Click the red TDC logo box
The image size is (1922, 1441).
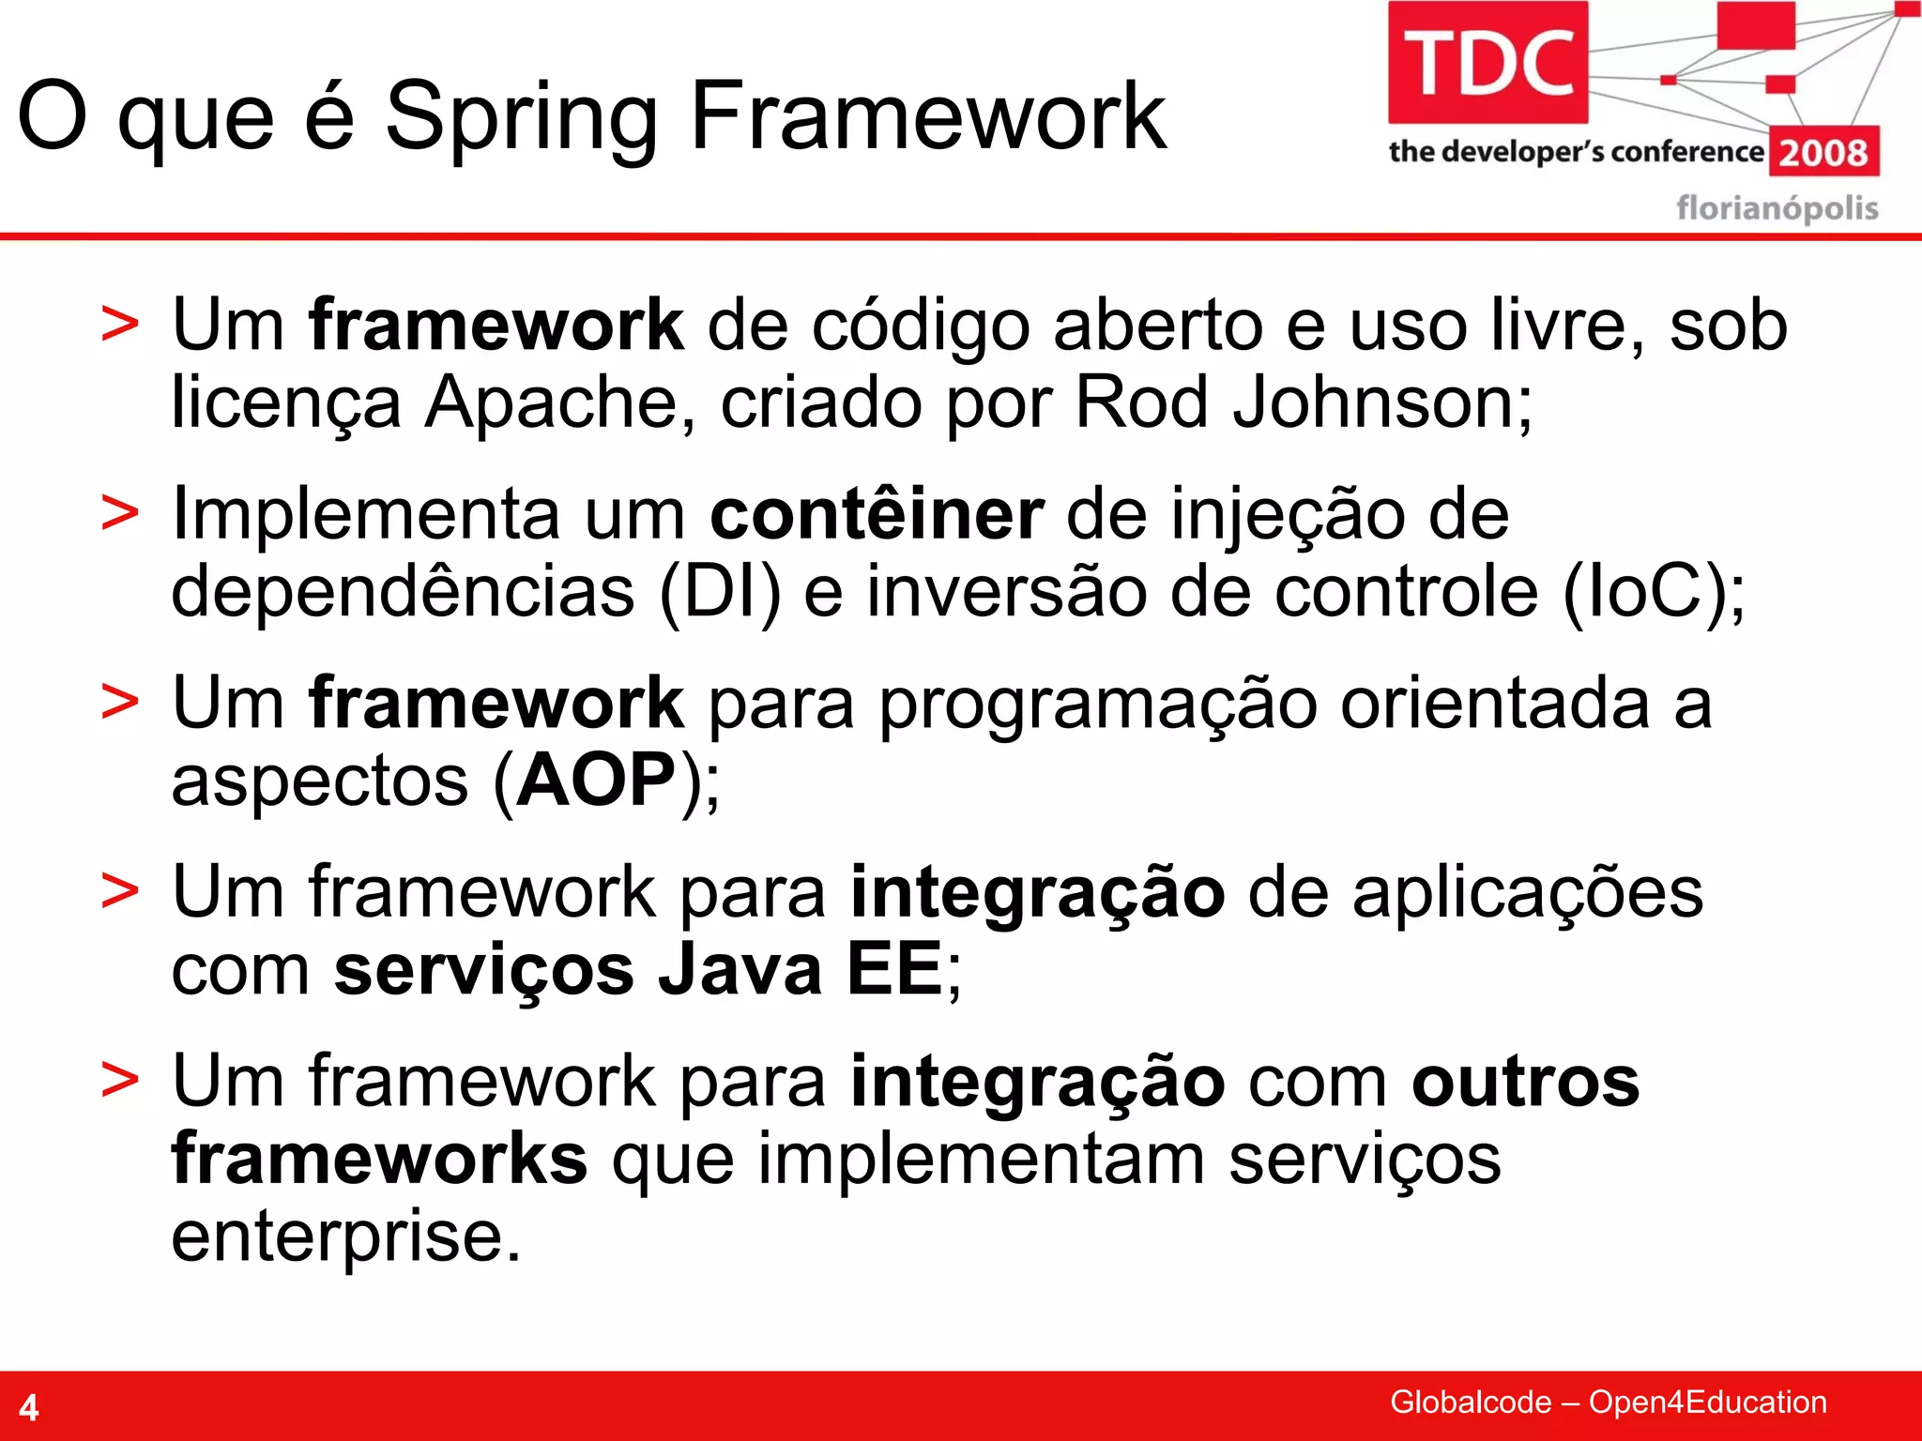(x=1487, y=62)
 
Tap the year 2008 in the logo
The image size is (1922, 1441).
(x=1823, y=152)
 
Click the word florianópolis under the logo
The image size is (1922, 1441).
(x=1777, y=207)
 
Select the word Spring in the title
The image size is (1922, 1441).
(x=522, y=117)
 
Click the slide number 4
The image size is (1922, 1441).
(x=29, y=1407)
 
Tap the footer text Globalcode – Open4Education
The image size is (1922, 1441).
(x=1608, y=1402)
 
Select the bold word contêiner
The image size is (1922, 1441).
(x=877, y=514)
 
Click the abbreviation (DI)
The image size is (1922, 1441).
(x=720, y=592)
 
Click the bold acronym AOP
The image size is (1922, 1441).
(x=597, y=781)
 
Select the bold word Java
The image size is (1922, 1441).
(x=740, y=970)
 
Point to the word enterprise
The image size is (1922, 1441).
(x=344, y=1236)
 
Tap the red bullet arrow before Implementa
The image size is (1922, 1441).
(x=119, y=514)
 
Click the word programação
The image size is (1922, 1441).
(x=1098, y=704)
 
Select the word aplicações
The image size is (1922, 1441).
(x=1527, y=893)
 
